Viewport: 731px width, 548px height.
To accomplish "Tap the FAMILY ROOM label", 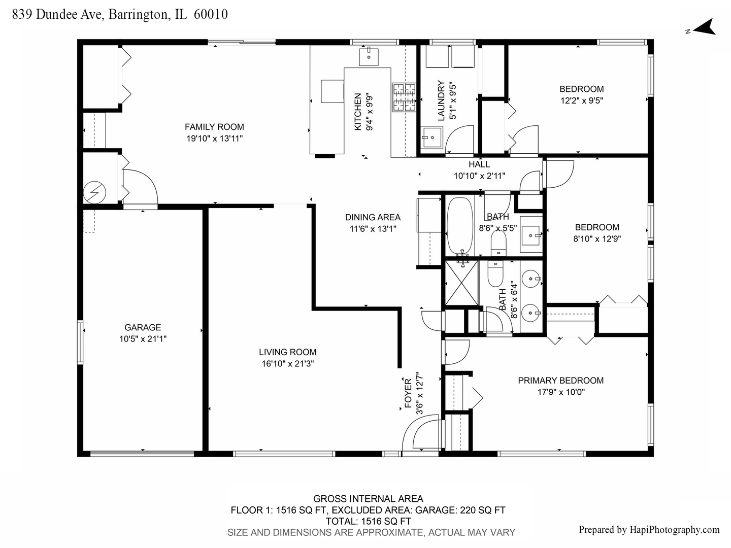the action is [214, 127].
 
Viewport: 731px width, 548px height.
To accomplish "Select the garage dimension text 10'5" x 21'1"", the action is [143, 339].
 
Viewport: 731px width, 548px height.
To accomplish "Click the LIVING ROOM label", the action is [288, 352].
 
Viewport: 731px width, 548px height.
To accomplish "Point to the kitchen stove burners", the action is [404, 97].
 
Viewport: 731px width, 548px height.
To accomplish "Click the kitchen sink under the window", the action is [369, 57].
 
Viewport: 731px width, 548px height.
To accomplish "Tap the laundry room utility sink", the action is [431, 137].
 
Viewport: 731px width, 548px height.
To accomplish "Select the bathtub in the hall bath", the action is [459, 226].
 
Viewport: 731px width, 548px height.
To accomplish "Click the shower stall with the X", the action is [461, 283].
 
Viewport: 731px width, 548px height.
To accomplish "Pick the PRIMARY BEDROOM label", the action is [561, 381].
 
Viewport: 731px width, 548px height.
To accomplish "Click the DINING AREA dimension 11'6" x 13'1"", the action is [373, 229].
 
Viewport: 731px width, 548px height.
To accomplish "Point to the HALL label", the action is [479, 164].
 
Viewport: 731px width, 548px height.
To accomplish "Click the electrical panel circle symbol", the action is [94, 192].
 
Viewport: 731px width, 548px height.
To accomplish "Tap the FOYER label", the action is [408, 394].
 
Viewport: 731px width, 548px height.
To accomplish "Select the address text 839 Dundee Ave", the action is [57, 14].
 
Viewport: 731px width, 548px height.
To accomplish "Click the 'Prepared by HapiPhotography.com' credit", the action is [649, 529].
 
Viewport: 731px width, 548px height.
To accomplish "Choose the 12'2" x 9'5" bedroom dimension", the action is [582, 100].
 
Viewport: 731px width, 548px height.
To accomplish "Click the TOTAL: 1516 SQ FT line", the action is [369, 521].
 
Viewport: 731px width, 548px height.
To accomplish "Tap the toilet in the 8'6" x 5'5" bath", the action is [498, 243].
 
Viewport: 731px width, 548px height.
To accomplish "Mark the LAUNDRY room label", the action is [441, 100].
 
